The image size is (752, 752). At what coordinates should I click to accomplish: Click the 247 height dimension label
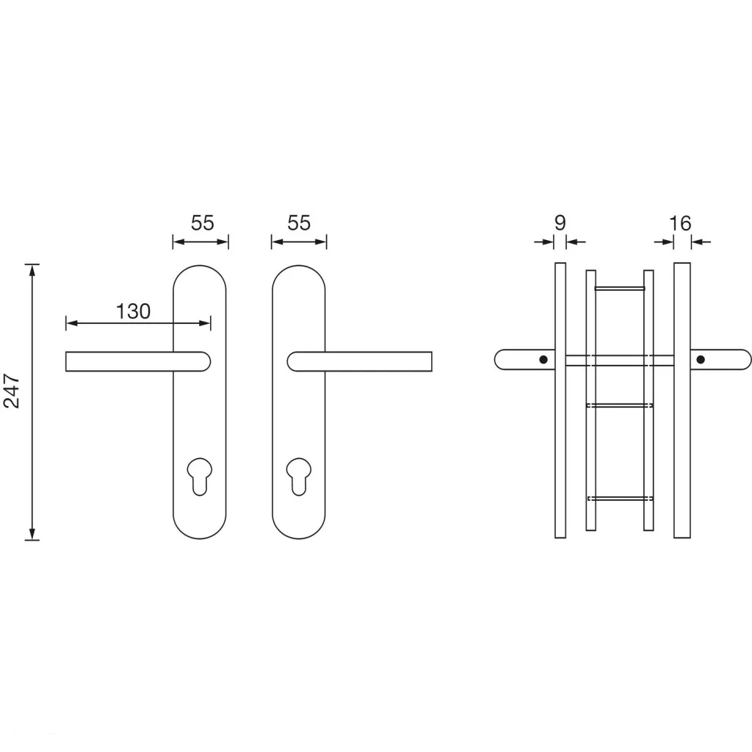12,391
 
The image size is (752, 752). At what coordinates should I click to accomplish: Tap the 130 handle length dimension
134,311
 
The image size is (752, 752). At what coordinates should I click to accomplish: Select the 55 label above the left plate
203,223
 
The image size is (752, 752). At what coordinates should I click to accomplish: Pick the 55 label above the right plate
299,223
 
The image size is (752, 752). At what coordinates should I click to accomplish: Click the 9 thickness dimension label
560,223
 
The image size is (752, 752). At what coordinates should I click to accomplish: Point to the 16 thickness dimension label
680,223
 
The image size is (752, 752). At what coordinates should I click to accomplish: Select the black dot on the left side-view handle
543,360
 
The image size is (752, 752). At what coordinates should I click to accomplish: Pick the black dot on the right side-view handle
701,360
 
